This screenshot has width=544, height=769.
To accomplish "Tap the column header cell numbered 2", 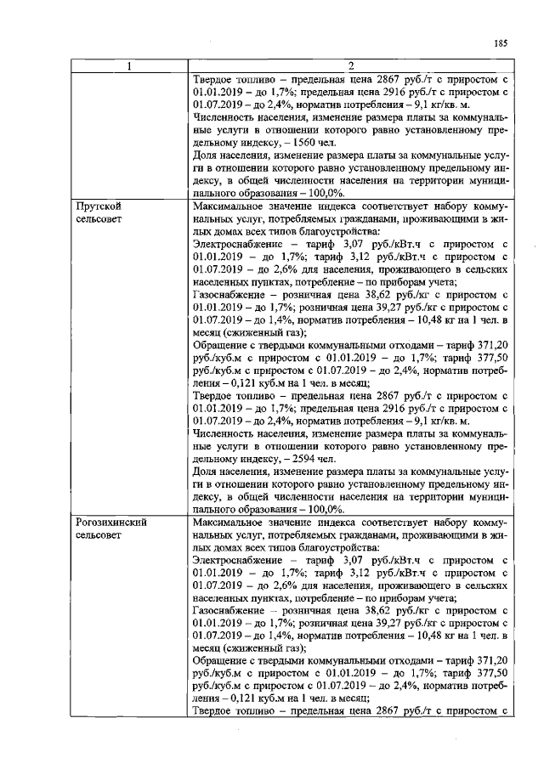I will click(349, 68).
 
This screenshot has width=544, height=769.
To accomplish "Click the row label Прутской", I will click(97, 206).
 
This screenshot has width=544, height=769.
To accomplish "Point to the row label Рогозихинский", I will click(110, 523).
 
